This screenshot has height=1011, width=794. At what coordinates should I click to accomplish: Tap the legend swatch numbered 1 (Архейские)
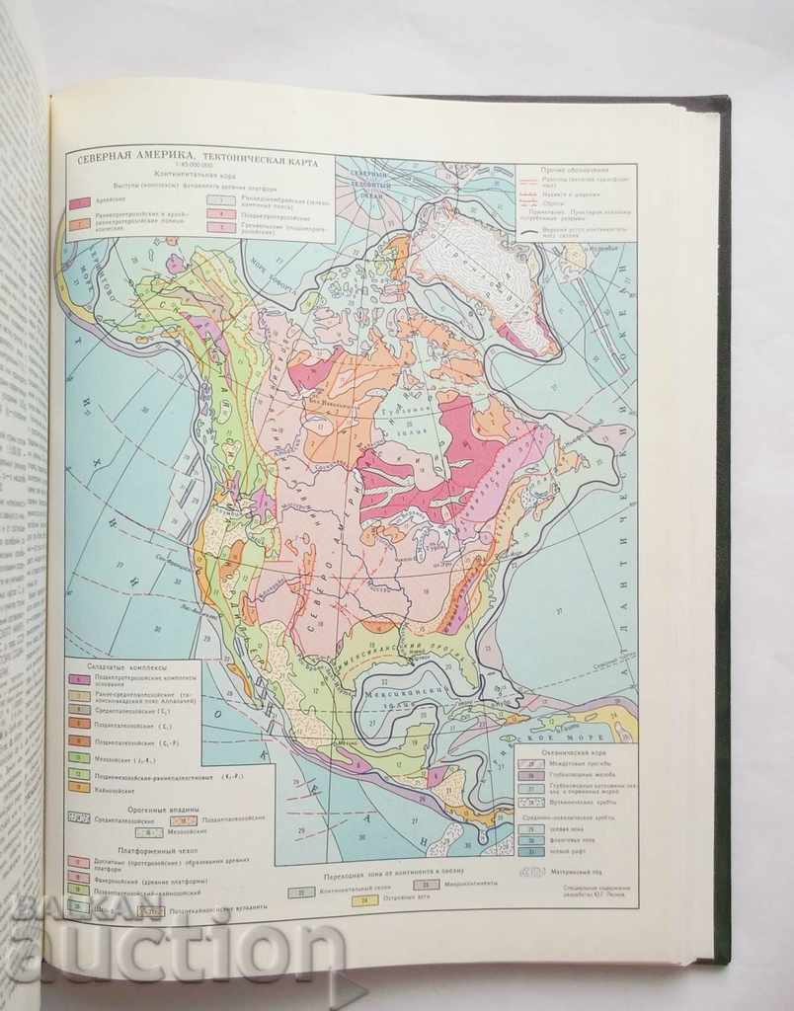click(x=80, y=202)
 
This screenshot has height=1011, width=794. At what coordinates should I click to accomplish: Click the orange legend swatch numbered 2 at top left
click(x=80, y=221)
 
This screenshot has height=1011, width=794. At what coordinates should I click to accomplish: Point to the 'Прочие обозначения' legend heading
click(x=574, y=169)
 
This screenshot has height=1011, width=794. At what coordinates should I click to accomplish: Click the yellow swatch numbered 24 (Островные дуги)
click(x=364, y=899)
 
